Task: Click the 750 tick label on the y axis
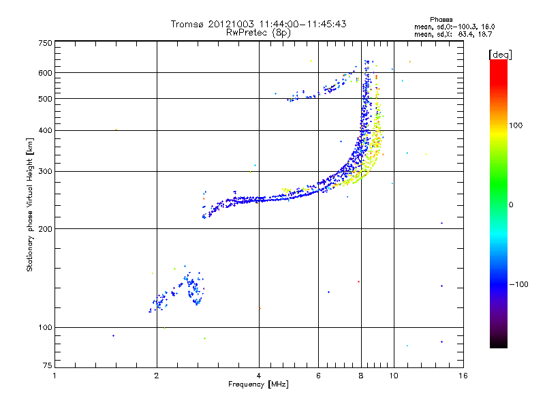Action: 45,42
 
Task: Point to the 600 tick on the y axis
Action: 45,72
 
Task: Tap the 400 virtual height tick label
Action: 45,130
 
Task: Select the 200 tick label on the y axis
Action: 45,228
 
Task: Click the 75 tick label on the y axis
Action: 47,367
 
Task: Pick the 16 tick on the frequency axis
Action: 463,376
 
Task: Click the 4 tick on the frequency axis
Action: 259,376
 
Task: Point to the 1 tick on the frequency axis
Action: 54,376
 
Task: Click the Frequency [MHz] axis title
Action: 258,384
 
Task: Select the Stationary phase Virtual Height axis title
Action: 30,204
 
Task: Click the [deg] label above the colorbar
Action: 501,54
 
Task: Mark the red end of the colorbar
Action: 498,63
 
